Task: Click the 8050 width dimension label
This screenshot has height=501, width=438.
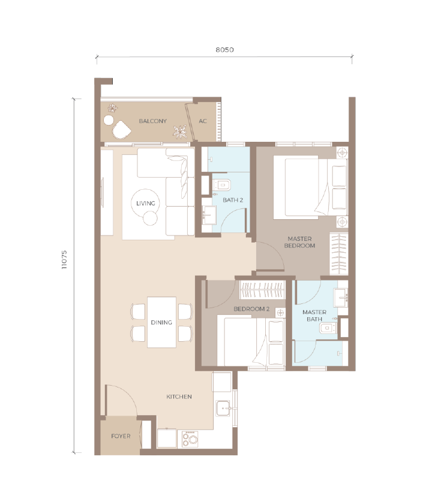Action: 224,50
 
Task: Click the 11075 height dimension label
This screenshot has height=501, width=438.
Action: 64,260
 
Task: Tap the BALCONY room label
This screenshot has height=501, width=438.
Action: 152,121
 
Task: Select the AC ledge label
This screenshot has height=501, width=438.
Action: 203,121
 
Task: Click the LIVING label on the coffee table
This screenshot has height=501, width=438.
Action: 146,203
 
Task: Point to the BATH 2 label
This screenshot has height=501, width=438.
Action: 233,200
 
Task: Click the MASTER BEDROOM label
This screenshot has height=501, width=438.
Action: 299,242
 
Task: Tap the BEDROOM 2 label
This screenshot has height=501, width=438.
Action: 251,309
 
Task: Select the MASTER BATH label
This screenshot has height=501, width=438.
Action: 314,315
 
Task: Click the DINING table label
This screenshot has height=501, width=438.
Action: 161,323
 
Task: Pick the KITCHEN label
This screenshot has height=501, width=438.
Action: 179,396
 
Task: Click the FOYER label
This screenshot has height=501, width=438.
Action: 121,436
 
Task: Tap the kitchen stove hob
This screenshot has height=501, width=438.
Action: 190,439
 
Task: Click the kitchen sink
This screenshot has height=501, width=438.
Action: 223,408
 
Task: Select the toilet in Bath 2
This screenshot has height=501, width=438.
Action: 221,184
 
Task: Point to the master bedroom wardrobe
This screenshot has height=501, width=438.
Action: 339,254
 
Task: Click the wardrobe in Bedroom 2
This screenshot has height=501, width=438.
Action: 262,290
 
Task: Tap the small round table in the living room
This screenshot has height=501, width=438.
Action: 150,219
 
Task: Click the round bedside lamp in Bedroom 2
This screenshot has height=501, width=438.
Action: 280,312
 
